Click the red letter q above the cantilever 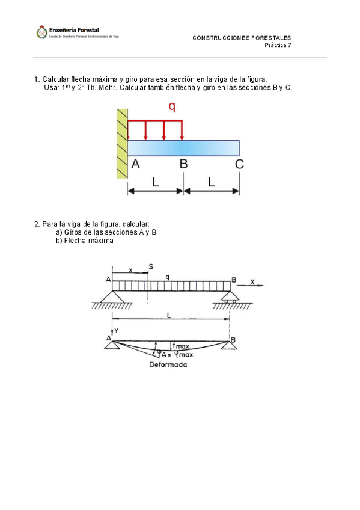(x=172, y=107)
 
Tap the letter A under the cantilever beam (x=135, y=164)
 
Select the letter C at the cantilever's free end (x=239, y=164)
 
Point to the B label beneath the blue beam (x=183, y=164)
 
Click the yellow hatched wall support (x=122, y=143)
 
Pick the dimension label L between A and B (x=156, y=182)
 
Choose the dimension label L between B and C (x=212, y=182)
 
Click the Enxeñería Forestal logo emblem (x=42, y=32)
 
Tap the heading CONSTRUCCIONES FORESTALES (x=242, y=38)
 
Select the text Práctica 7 (x=278, y=45)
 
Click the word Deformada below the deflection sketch (x=168, y=364)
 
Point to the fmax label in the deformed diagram (x=181, y=346)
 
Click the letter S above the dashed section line (x=151, y=267)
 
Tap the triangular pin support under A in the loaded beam (x=112, y=296)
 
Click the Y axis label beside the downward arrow (x=117, y=331)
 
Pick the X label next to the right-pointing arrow (x=252, y=281)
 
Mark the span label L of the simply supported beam (x=169, y=315)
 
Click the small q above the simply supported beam (x=167, y=277)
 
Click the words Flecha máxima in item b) (x=89, y=241)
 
